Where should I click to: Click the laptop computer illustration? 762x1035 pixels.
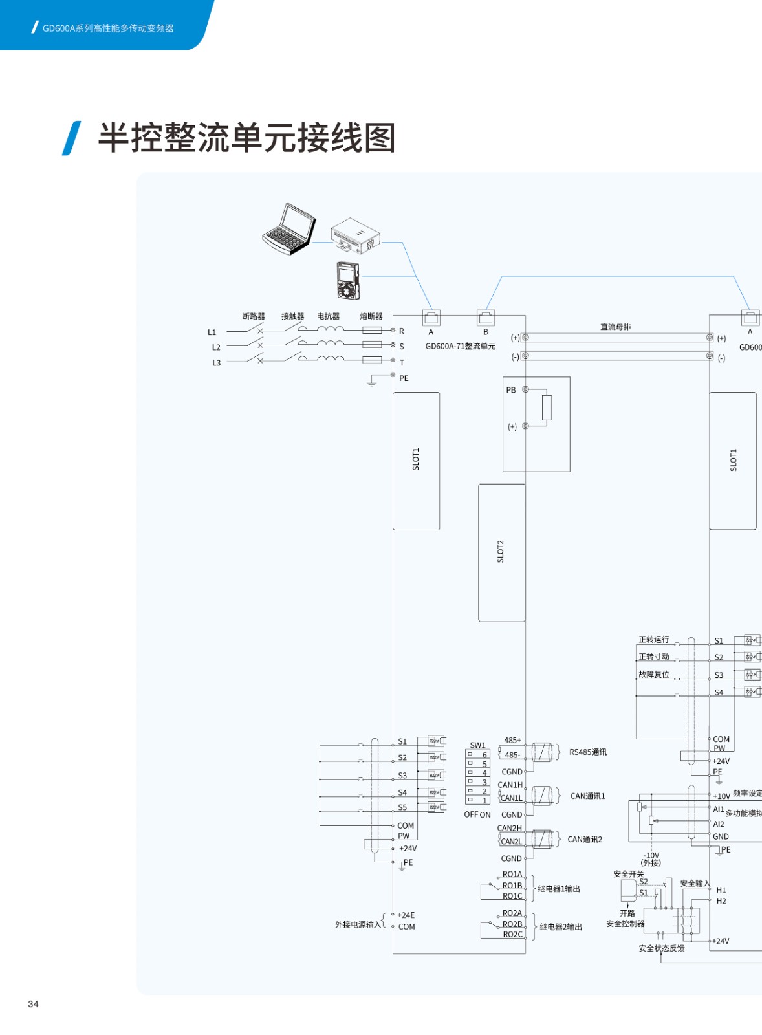(x=289, y=230)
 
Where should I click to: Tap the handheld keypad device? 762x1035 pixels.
(x=347, y=280)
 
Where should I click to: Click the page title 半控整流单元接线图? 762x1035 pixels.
(x=246, y=138)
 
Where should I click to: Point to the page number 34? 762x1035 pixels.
(x=33, y=1004)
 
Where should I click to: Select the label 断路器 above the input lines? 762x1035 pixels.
(x=253, y=316)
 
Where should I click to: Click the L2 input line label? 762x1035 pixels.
(x=216, y=347)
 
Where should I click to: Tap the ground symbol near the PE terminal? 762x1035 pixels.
(x=371, y=382)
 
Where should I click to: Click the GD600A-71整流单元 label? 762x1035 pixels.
(x=460, y=347)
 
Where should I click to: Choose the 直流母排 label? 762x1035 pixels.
(x=615, y=327)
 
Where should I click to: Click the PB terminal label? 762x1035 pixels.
(x=511, y=390)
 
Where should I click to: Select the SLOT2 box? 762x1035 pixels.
(x=501, y=552)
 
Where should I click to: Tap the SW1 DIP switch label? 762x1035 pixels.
(x=477, y=745)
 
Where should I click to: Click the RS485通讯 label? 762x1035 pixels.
(x=587, y=752)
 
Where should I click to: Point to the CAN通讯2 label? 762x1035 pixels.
(x=585, y=840)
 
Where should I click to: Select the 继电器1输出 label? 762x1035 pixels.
(x=559, y=889)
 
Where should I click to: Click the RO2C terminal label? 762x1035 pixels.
(x=512, y=934)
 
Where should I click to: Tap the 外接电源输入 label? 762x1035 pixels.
(x=358, y=924)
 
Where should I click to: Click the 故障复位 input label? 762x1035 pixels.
(x=653, y=674)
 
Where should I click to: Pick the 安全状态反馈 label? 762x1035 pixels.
(x=661, y=948)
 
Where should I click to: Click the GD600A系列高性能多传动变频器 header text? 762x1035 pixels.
(x=108, y=28)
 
